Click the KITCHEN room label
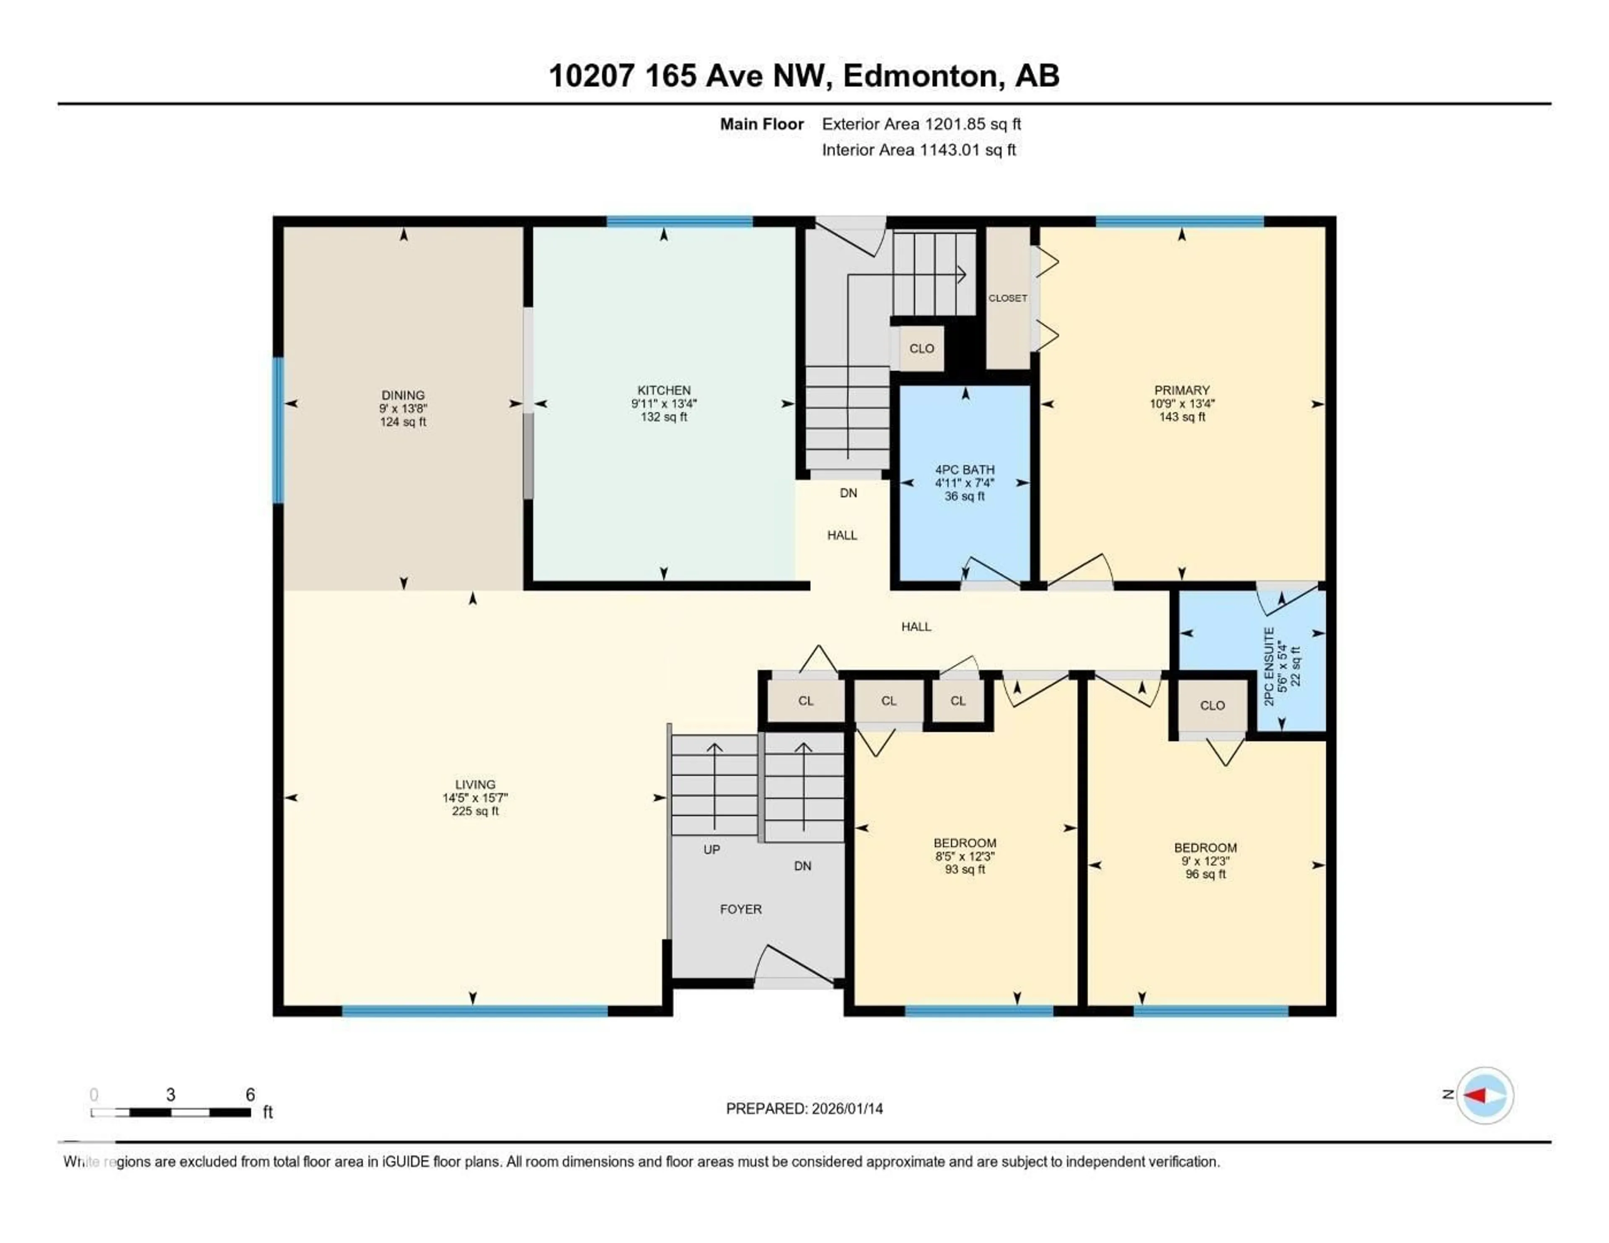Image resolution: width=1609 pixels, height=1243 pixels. click(x=664, y=390)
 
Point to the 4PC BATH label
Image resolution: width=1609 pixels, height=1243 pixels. click(x=965, y=469)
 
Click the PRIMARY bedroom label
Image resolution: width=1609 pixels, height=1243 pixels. click(x=1182, y=390)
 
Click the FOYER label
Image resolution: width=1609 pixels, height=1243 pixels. click(x=740, y=909)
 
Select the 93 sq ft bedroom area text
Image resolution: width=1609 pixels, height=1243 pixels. click(x=965, y=869)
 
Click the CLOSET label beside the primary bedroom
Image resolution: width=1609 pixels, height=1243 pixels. click(x=1007, y=298)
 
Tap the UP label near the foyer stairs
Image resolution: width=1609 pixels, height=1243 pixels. click(x=711, y=850)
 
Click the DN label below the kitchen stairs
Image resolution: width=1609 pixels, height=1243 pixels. click(x=848, y=493)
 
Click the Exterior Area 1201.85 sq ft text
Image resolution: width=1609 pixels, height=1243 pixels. click(x=921, y=124)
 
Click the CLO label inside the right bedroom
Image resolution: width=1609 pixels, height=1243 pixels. click(x=1212, y=705)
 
